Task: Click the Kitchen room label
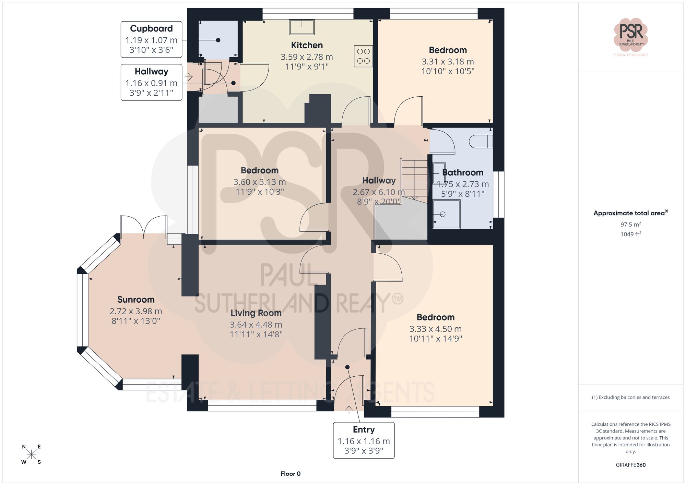click(x=307, y=45)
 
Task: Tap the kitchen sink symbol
click(x=301, y=27)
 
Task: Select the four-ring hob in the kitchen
click(x=363, y=56)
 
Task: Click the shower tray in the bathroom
click(x=446, y=214)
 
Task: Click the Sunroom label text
click(x=136, y=300)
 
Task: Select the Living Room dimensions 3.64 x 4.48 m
click(x=256, y=325)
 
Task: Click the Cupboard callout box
click(x=151, y=39)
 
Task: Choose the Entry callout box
click(x=364, y=440)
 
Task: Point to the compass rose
click(x=31, y=454)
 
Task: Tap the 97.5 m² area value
click(x=630, y=225)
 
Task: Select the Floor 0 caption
click(x=291, y=474)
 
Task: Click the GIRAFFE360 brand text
click(x=630, y=465)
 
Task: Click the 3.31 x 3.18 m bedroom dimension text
click(x=448, y=62)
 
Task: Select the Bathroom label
click(x=462, y=172)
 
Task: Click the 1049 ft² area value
click(x=630, y=234)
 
